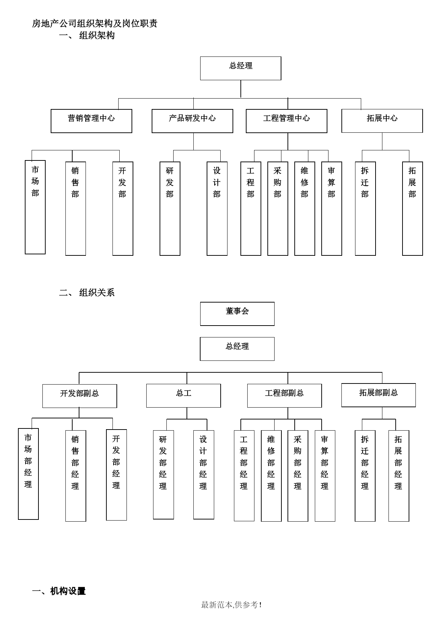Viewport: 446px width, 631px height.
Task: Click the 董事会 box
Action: (x=237, y=314)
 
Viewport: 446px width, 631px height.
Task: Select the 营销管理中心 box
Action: (x=91, y=121)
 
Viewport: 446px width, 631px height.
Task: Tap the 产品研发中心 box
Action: (x=192, y=121)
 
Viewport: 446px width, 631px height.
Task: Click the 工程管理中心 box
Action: (x=286, y=121)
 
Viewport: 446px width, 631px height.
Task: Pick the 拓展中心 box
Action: (x=382, y=121)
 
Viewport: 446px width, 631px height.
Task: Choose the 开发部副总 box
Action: (x=79, y=396)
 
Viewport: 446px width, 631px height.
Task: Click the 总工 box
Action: (x=184, y=396)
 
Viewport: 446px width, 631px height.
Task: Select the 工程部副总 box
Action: (x=284, y=396)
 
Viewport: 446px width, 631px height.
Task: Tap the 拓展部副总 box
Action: (x=378, y=395)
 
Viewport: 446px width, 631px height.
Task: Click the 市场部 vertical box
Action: (x=35, y=207)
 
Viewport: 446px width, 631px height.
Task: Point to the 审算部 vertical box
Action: (x=332, y=209)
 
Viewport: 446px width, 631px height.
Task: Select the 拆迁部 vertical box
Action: (x=365, y=209)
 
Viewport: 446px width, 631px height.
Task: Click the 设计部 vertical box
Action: (x=217, y=209)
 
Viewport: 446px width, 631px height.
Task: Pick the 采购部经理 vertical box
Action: (x=298, y=476)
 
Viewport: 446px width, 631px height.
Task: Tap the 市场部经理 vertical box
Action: (x=28, y=474)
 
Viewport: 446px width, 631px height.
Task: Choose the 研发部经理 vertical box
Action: (x=164, y=475)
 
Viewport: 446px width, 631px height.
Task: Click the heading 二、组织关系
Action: (x=87, y=292)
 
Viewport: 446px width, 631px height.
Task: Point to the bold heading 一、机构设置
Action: (x=59, y=591)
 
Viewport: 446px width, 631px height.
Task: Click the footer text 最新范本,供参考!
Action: (x=231, y=605)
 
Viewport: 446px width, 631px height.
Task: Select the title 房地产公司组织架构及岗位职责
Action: (x=95, y=24)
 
